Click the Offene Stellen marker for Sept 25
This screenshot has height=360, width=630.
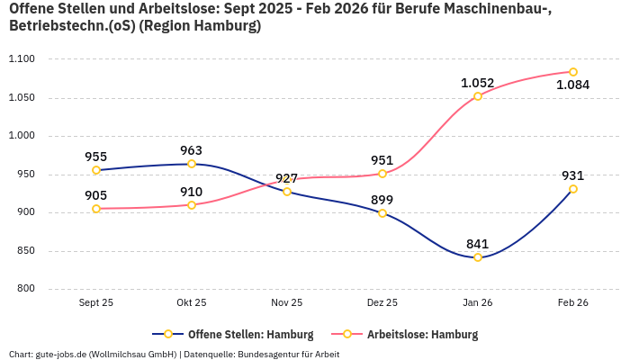tap(96, 170)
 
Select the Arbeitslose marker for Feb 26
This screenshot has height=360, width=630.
tap(573, 72)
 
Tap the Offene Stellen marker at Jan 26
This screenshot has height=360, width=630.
tap(478, 257)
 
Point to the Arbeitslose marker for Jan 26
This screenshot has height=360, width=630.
tap(478, 96)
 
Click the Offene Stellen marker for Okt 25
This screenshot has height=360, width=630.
tap(192, 164)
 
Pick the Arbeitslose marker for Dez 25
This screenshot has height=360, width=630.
tap(382, 174)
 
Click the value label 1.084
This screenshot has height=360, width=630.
tap(573, 85)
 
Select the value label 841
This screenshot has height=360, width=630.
tap(478, 243)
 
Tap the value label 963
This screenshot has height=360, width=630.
tap(192, 150)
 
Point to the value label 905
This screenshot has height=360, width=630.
tap(96, 195)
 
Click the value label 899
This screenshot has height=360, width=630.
tap(382, 200)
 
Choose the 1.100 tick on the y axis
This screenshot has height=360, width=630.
tap(21, 59)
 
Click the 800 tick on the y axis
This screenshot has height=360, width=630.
tap(24, 289)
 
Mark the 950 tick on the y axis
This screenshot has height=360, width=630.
tap(24, 175)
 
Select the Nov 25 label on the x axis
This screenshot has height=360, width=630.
tap(287, 303)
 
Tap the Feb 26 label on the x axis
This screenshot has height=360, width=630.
tap(573, 303)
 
